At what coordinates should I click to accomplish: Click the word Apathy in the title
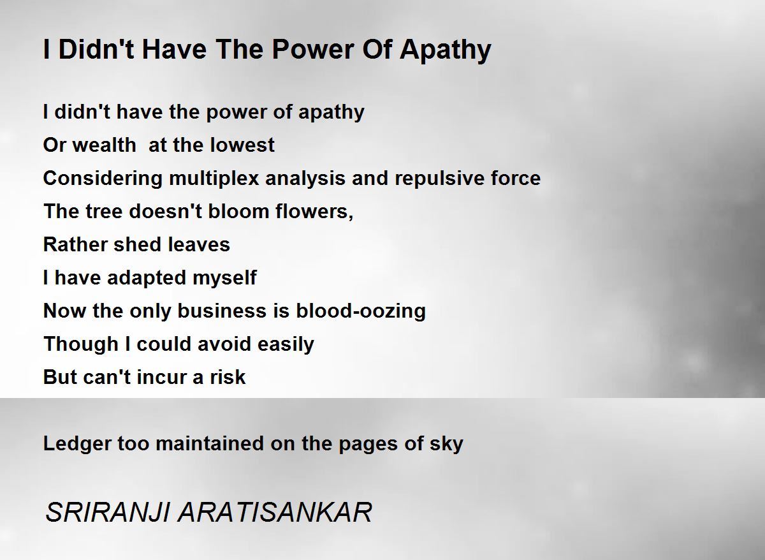446,50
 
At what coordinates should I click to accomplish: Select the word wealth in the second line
105,145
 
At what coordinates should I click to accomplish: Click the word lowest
242,145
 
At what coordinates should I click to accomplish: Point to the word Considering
103,179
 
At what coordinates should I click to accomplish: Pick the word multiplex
214,179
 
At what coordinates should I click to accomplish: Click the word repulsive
439,179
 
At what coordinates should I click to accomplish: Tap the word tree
104,211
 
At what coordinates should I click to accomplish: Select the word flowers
314,211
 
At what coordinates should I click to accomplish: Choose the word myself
224,278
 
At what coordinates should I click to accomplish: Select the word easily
286,344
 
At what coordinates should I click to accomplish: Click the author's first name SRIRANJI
108,512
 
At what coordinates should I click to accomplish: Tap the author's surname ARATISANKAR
275,512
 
